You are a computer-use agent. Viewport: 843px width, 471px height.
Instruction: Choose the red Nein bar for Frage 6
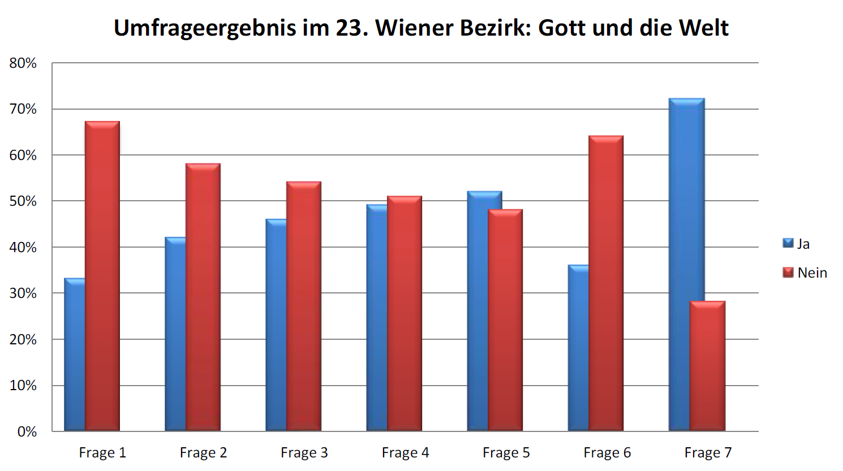[606, 283]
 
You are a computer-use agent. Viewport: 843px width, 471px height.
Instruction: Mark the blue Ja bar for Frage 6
[578, 348]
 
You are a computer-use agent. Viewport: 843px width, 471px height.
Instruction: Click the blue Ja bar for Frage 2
[175, 334]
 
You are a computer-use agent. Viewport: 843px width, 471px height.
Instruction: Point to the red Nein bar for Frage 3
[304, 306]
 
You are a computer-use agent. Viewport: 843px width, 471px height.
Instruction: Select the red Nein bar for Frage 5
[505, 320]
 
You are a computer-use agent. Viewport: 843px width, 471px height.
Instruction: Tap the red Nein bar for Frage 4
[405, 313]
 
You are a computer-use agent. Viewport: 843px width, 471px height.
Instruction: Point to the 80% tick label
[23, 63]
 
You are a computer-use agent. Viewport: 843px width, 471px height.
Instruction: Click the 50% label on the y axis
[23, 201]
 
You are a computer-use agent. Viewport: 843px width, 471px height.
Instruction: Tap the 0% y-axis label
[27, 432]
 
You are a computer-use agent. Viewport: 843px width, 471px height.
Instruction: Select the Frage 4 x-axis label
[405, 453]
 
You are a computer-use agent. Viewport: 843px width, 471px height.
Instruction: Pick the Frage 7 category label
[708, 453]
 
